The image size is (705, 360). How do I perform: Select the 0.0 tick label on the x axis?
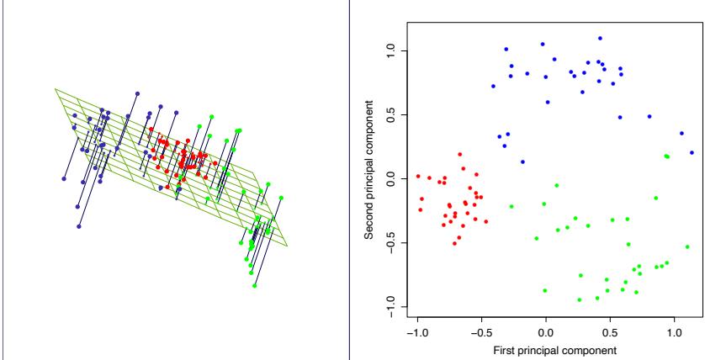click(x=546, y=331)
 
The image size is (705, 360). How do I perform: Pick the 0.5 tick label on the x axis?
click(x=610, y=331)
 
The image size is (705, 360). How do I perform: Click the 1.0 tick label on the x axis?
click(x=675, y=331)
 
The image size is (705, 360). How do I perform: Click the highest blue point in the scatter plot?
click(x=600, y=38)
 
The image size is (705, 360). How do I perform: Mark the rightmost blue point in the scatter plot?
click(x=692, y=152)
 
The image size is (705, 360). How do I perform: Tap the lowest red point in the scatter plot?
click(x=454, y=243)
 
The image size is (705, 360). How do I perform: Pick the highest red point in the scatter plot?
click(x=460, y=154)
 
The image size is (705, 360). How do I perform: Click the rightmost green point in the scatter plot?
click(x=687, y=246)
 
